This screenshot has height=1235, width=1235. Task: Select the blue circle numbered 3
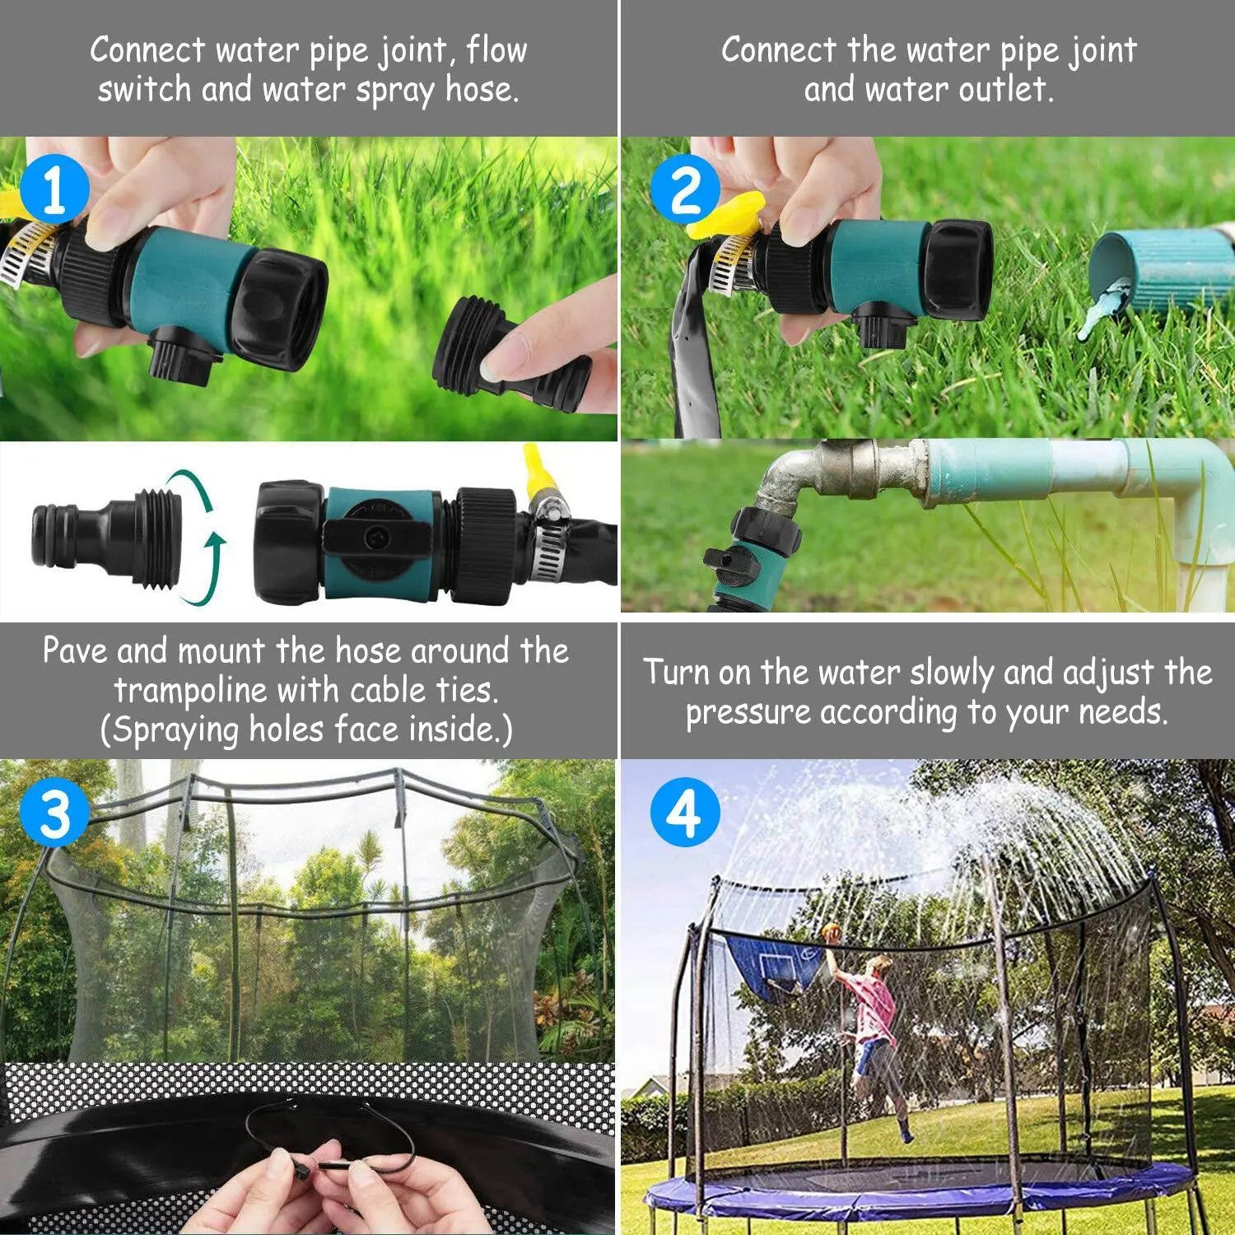54,813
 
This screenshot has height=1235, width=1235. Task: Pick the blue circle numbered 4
685,813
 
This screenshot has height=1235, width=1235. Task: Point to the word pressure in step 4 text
748,712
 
